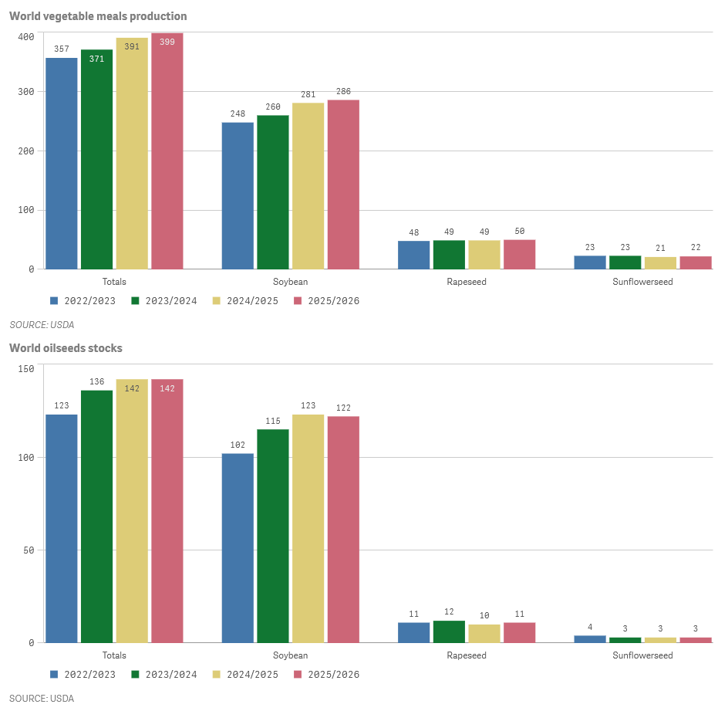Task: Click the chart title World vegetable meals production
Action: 98,16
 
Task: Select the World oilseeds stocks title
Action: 66,348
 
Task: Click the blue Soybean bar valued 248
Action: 238,195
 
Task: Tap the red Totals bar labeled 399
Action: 167,151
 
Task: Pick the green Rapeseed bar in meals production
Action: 449,255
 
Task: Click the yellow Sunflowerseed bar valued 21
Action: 660,262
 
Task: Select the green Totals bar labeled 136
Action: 96,516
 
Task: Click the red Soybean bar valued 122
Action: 343,530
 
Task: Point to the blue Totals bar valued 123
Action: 62,529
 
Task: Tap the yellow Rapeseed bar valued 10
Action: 484,634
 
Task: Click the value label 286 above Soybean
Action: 343,92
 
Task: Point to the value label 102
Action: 238,445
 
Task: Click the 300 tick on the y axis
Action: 26,92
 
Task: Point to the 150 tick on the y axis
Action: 26,369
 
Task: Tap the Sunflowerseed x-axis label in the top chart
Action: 642,282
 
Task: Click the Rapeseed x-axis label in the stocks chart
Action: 467,655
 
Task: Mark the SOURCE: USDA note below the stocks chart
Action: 42,699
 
